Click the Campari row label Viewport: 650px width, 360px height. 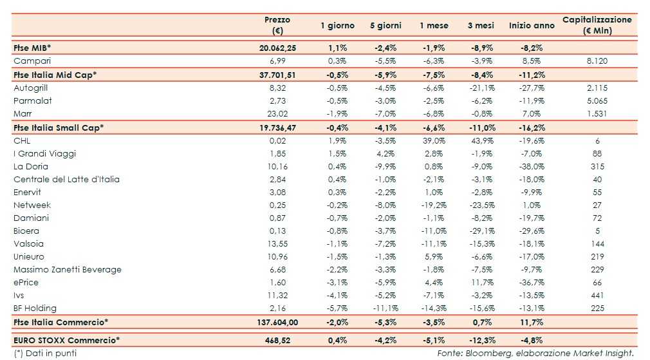click(31, 61)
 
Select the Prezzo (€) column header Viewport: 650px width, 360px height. click(277, 25)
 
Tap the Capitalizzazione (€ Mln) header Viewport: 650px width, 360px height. click(597, 25)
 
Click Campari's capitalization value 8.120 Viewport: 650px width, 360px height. click(597, 61)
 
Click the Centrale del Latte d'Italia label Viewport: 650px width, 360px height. click(66, 179)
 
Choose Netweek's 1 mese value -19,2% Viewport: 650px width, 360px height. click(432, 205)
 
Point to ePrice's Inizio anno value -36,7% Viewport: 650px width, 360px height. click(531, 282)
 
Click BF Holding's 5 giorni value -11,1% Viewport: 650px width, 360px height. click(384, 308)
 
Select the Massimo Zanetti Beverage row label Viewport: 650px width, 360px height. click(68, 269)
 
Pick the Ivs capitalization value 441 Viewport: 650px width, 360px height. click(597, 295)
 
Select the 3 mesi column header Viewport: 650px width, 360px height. click(481, 26)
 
